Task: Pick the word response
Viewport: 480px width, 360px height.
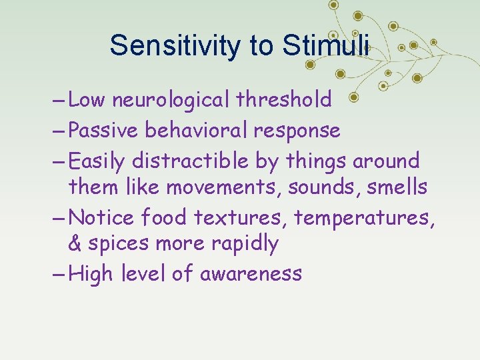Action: [297, 131]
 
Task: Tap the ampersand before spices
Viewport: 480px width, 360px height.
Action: [75, 244]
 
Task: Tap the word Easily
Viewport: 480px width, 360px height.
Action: [97, 161]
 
